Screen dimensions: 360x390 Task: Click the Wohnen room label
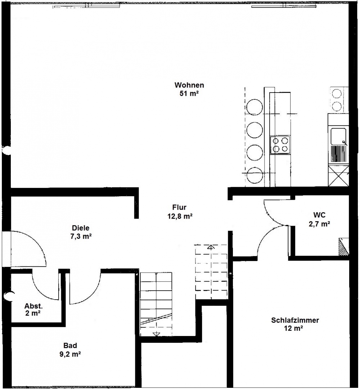pos(189,85)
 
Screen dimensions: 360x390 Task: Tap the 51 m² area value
pos(189,94)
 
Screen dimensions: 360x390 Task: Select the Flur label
pos(179,207)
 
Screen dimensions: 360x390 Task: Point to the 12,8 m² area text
pos(180,216)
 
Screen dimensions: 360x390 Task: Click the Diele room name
pos(81,228)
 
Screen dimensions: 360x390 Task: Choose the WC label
pos(319,215)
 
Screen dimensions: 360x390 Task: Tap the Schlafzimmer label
pos(295,320)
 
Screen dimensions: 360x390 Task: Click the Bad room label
pos(70,345)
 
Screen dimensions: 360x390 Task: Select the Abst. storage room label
pos(33,306)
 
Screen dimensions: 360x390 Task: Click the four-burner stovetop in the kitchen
pos(280,145)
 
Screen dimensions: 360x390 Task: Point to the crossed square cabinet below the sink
pos(338,176)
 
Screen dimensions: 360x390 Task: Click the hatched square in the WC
pos(344,246)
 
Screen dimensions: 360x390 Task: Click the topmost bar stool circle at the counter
pos(255,107)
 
